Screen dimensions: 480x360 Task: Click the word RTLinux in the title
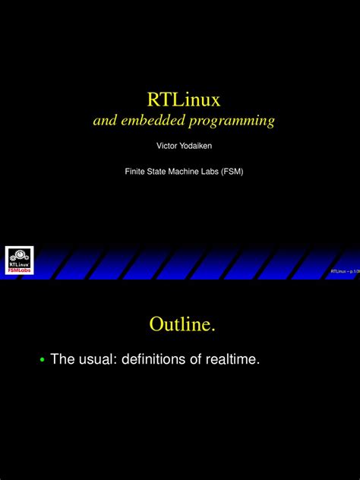tap(183, 99)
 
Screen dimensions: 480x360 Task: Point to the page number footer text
tap(343, 271)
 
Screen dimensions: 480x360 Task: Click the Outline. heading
tap(182, 324)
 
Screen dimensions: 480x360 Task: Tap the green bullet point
tap(42, 360)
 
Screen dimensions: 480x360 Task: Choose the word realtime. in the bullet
tap(232, 359)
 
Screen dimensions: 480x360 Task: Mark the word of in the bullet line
tap(193, 359)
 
